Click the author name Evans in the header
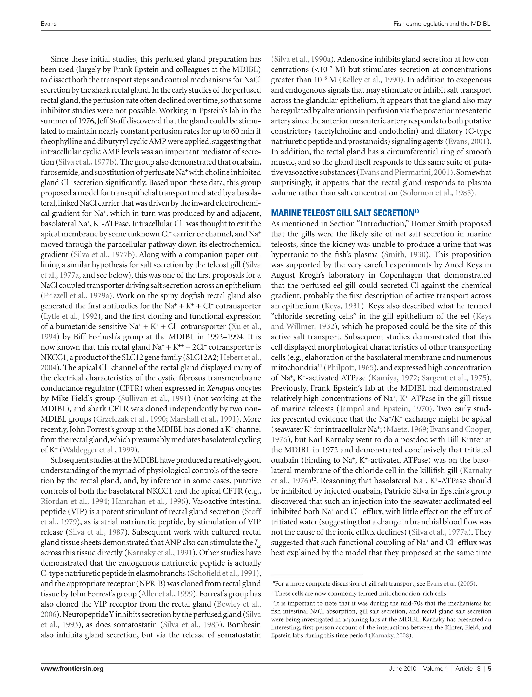click(49, 24)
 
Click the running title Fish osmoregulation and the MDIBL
click(442, 24)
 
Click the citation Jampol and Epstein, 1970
click(385, 409)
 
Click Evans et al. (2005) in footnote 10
click(451, 584)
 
